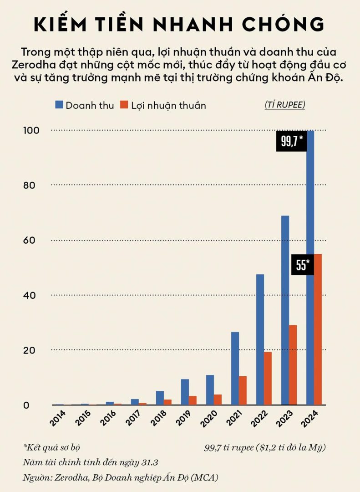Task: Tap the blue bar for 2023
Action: [285, 310]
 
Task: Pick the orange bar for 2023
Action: [293, 364]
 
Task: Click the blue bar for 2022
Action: [260, 339]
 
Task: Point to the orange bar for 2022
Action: [268, 378]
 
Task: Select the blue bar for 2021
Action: [235, 368]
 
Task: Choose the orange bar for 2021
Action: [243, 390]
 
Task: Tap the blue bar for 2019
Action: [185, 392]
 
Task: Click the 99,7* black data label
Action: [291, 142]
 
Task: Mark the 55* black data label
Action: [303, 265]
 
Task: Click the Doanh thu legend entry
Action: [85, 105]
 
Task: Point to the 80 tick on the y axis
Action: [30, 185]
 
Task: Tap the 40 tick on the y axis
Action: [30, 295]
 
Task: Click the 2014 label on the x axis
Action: [58, 418]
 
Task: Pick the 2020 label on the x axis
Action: [208, 418]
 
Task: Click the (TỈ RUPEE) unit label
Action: [285, 105]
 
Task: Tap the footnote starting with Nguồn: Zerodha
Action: [121, 477]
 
